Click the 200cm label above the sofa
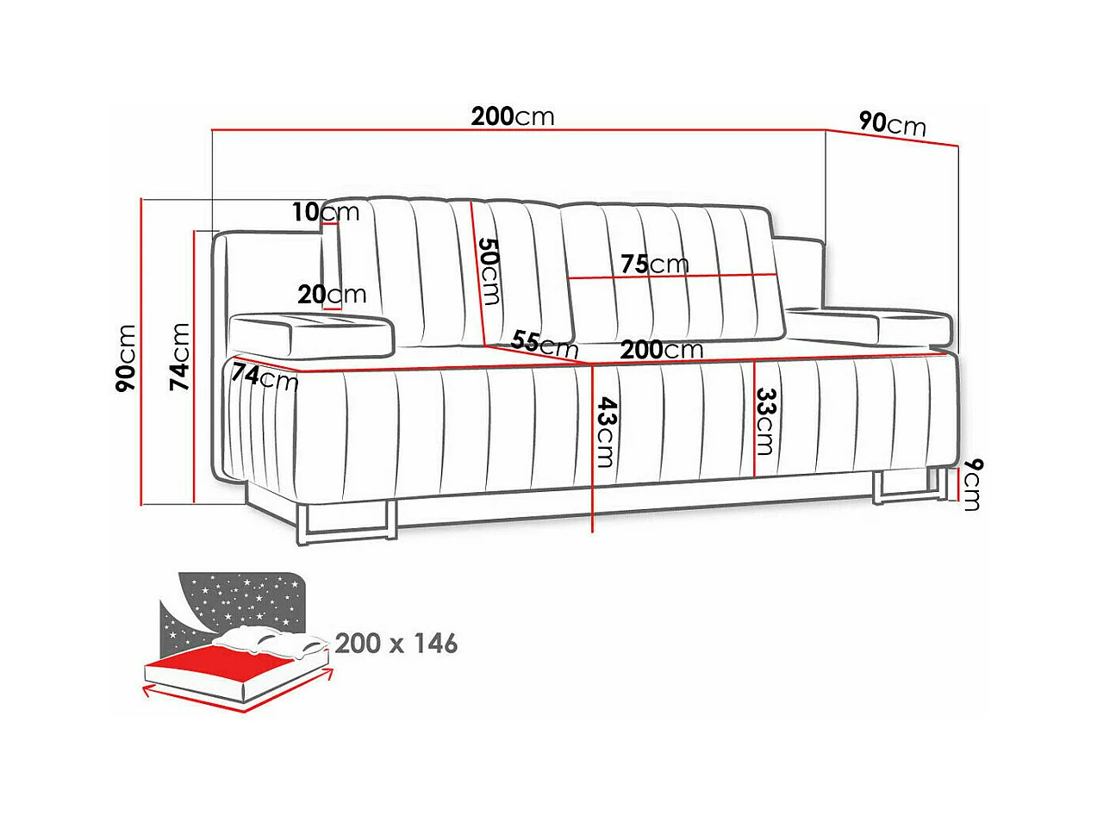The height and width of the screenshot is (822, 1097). click(513, 115)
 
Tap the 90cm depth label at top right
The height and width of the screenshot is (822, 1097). click(893, 124)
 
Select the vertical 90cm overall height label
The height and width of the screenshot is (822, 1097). click(127, 358)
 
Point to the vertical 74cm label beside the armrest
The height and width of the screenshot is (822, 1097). click(179, 356)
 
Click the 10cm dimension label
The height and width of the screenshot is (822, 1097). click(325, 211)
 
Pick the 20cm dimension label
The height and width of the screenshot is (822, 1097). click(332, 295)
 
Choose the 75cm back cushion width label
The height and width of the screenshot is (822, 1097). click(654, 264)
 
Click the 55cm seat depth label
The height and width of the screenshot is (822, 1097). click(544, 343)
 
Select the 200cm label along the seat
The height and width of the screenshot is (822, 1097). click(661, 350)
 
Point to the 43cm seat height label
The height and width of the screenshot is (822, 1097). click(605, 431)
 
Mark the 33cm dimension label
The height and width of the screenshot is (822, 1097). click(764, 421)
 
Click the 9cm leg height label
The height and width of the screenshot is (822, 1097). click(971, 484)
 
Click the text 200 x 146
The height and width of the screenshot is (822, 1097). click(396, 643)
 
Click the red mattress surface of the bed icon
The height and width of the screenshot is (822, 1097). click(233, 667)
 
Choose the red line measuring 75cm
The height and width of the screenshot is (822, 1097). click(672, 277)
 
